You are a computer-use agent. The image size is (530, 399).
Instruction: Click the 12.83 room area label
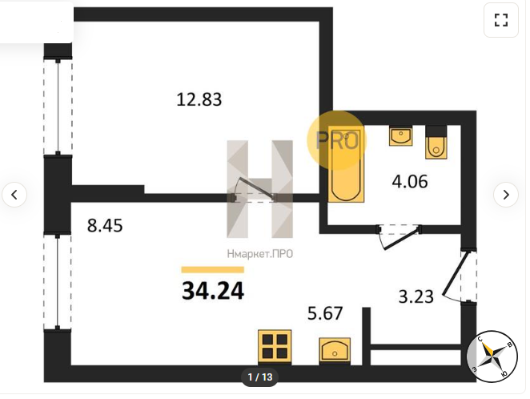click(x=199, y=99)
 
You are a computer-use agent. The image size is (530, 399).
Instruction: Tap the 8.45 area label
click(x=105, y=225)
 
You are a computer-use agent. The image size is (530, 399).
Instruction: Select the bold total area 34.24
click(x=213, y=291)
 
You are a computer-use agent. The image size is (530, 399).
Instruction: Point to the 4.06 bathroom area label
click(x=410, y=182)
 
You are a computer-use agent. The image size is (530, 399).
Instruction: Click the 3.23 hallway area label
click(x=416, y=297)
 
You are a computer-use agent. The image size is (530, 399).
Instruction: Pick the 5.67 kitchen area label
click(x=325, y=313)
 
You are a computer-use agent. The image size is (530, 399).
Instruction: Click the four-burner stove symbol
click(x=275, y=347)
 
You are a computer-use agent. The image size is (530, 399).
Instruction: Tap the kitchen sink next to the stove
click(x=335, y=351)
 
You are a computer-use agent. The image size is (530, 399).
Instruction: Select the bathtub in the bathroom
click(x=346, y=165)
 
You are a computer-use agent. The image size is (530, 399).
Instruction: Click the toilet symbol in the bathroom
click(x=436, y=142)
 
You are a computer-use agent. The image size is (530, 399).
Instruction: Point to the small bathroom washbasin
click(x=400, y=136)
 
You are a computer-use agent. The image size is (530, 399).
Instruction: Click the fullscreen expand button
click(x=501, y=20)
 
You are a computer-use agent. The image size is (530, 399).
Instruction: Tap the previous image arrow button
click(x=14, y=195)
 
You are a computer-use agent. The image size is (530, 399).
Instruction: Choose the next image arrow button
click(x=506, y=195)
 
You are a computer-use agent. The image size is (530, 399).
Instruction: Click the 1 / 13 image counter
click(x=260, y=377)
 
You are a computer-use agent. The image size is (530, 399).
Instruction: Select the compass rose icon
click(x=492, y=357)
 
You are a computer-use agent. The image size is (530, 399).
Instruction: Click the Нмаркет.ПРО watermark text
click(x=260, y=254)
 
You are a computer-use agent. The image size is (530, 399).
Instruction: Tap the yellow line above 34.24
click(x=213, y=269)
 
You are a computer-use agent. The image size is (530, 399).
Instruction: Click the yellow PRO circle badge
click(x=337, y=139)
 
